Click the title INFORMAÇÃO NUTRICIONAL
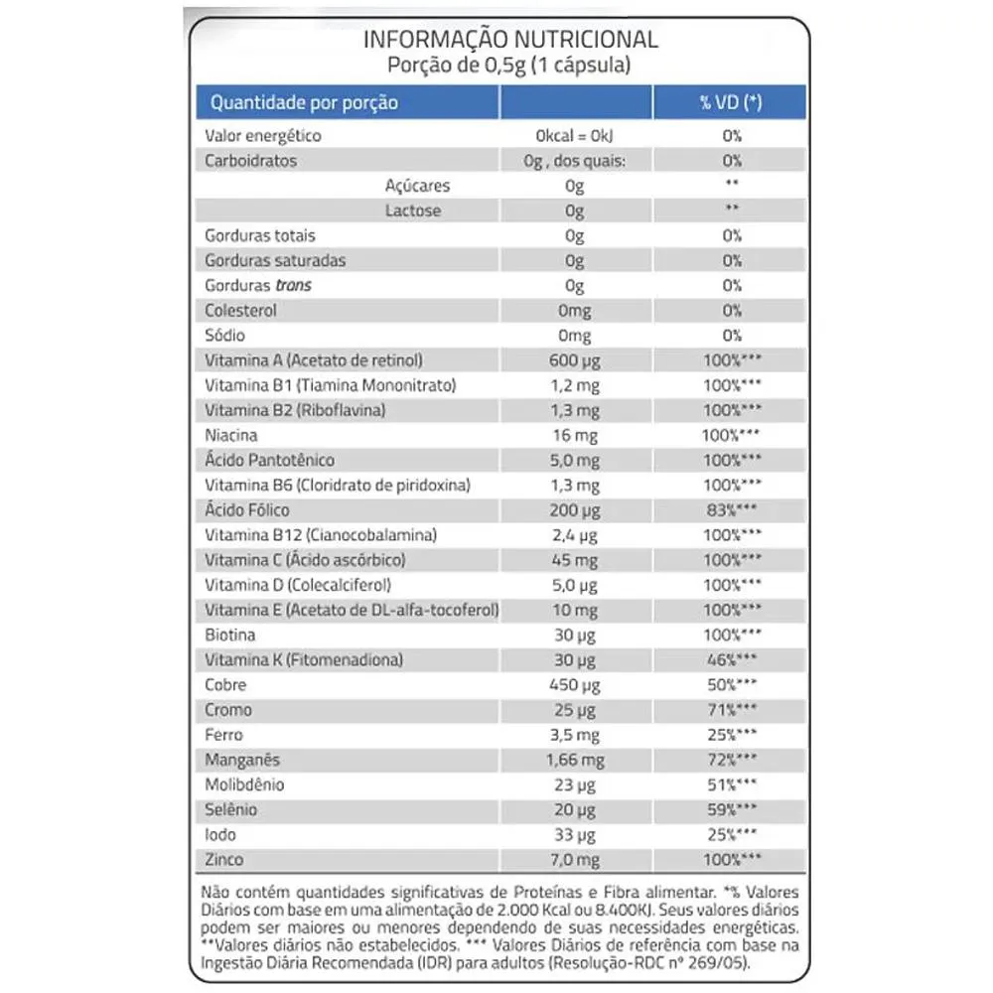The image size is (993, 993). pos(510,40)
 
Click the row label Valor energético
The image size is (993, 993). pos(262,136)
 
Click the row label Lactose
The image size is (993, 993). pos(413,211)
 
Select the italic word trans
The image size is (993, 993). pos(295,285)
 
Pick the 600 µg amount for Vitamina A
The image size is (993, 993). pos(574,360)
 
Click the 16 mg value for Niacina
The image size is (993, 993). pos(574,435)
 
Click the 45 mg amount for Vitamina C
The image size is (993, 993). pos(574,560)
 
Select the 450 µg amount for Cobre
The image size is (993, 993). pos(574,685)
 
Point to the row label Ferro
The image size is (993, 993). pos(223,735)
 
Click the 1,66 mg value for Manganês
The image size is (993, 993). pos(574,760)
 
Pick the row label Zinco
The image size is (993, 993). pos(223,860)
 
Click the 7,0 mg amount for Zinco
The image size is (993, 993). pos(574,860)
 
